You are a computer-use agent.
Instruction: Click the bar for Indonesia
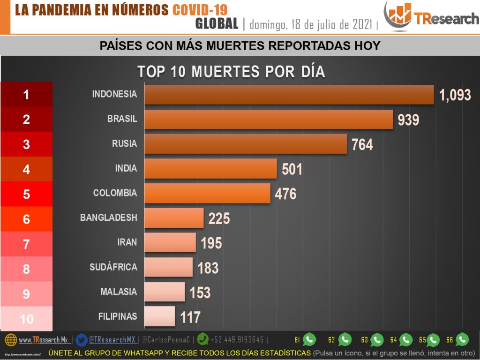click(x=289, y=95)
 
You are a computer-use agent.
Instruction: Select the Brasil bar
click(x=268, y=120)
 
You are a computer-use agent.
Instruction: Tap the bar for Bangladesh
click(x=173, y=218)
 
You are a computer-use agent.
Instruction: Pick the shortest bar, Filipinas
click(x=159, y=316)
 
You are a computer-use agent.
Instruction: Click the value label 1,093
click(x=455, y=95)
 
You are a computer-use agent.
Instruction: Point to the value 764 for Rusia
click(x=362, y=144)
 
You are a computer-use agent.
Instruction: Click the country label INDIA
click(x=126, y=168)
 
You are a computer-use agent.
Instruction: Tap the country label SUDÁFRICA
click(x=113, y=267)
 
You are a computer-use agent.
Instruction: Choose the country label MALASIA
click(x=119, y=292)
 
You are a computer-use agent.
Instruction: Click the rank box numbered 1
click(x=26, y=95)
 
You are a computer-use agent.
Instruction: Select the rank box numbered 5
click(x=26, y=194)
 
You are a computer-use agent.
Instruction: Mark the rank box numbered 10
click(x=26, y=319)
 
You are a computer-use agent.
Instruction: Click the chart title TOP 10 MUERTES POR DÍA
click(x=231, y=72)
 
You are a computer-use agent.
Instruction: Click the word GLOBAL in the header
click(x=217, y=23)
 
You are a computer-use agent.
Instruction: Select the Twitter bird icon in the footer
click(x=82, y=339)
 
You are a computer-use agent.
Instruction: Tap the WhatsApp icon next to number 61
click(x=309, y=339)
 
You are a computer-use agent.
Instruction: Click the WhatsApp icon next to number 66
click(x=462, y=339)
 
